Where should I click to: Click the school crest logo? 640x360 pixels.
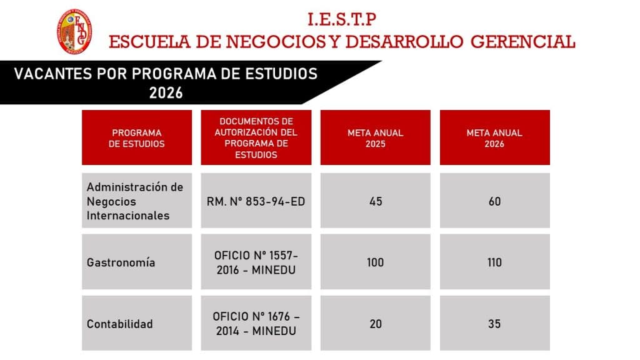point(74,31)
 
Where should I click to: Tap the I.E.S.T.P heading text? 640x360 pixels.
point(342,19)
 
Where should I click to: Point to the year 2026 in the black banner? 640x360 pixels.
point(166,92)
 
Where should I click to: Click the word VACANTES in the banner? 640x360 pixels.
point(53,74)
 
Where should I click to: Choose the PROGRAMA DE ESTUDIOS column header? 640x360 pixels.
point(137,138)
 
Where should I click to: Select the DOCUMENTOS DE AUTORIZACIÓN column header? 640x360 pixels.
point(256,138)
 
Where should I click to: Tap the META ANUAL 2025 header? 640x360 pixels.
point(376,138)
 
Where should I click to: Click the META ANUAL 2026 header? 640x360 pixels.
point(495,138)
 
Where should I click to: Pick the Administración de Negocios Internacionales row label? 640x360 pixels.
point(135,201)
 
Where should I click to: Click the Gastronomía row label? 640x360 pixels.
point(121,262)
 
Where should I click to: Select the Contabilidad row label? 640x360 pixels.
point(119,324)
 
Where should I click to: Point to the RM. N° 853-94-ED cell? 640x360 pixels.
point(256,201)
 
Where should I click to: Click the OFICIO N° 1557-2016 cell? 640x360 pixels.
point(256,262)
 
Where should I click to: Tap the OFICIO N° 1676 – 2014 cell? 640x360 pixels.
point(256,324)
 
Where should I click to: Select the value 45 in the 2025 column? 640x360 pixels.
point(376,201)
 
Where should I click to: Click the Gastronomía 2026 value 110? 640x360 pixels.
point(495,262)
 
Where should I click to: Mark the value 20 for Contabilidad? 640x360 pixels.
point(376,324)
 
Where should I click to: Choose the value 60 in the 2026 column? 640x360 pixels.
point(495,201)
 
